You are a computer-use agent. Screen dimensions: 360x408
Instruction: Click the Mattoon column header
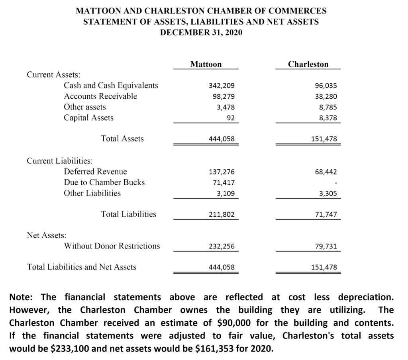(x=206, y=64)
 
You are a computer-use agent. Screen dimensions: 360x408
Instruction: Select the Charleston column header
(x=308, y=64)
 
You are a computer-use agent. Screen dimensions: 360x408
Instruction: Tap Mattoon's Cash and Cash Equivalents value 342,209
(x=222, y=86)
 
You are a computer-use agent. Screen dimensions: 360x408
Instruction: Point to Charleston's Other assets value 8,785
(x=327, y=107)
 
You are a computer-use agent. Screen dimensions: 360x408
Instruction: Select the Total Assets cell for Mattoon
(x=222, y=139)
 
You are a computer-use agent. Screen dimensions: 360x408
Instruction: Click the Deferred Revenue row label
(x=95, y=172)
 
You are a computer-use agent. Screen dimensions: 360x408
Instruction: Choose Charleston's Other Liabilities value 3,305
(x=327, y=194)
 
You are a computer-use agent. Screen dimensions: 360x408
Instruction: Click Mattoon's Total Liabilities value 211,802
(x=222, y=215)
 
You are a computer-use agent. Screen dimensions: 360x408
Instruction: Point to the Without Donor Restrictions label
(x=112, y=246)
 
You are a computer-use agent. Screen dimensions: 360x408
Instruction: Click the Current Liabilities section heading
(x=60, y=161)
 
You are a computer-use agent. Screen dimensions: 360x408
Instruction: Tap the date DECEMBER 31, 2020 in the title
(x=201, y=32)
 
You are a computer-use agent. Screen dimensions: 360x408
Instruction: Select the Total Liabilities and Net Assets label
(x=81, y=267)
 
